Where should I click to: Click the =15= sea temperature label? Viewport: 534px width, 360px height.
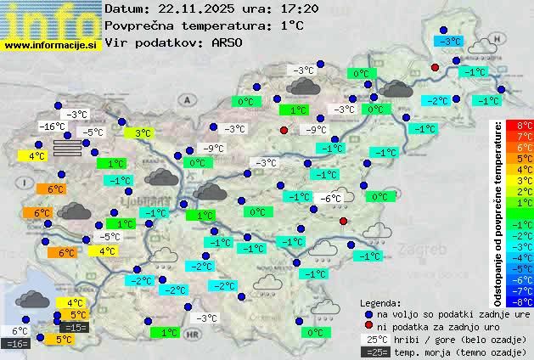[x=75, y=327]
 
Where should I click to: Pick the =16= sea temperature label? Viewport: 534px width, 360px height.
[x=17, y=343]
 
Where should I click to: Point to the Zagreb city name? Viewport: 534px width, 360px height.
[x=426, y=250]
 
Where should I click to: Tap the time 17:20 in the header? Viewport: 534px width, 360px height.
[x=278, y=9]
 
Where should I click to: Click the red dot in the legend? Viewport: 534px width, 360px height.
[x=368, y=326]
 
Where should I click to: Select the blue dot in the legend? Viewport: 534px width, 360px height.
[x=368, y=313]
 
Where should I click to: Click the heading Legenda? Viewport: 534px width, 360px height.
[x=381, y=302]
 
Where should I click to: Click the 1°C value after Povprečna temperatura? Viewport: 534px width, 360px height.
[x=292, y=25]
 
